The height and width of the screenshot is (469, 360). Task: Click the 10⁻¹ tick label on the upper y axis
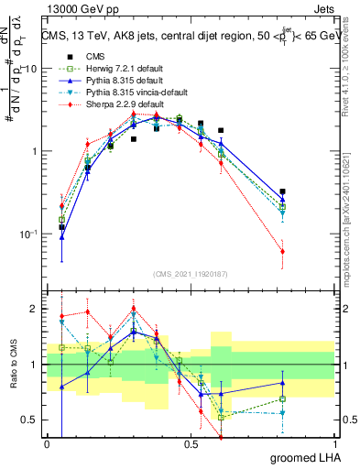pyautogui.click(x=29, y=234)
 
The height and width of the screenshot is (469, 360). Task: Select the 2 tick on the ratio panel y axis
pyautogui.click(x=36, y=309)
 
